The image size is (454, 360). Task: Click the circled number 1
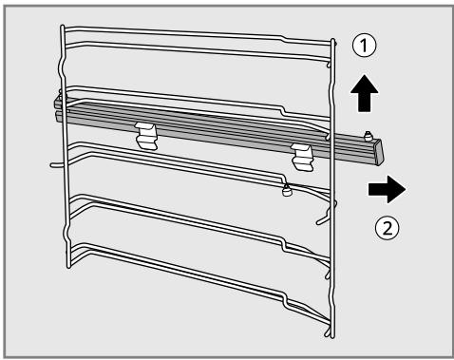(x=365, y=46)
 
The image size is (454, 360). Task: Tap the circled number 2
(x=388, y=228)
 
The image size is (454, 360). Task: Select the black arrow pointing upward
(x=364, y=93)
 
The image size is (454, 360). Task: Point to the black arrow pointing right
(x=387, y=189)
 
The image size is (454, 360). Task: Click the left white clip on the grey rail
(x=146, y=136)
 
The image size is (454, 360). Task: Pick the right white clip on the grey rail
(x=303, y=157)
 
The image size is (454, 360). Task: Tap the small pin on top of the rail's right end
(x=368, y=136)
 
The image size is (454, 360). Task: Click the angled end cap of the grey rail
(x=379, y=153)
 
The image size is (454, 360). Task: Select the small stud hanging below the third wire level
(x=287, y=190)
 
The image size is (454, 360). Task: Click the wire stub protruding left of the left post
(x=56, y=164)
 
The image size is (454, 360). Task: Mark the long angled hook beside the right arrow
(x=326, y=215)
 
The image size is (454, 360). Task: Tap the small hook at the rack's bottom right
(x=328, y=331)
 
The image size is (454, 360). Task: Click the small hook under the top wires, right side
(x=330, y=65)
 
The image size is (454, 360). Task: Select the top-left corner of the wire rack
(x=63, y=27)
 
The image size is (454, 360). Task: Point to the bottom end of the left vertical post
(x=68, y=267)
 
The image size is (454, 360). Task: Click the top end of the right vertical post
(x=332, y=40)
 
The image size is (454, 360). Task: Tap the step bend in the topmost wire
(x=283, y=38)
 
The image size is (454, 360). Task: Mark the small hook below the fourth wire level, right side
(x=328, y=274)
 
